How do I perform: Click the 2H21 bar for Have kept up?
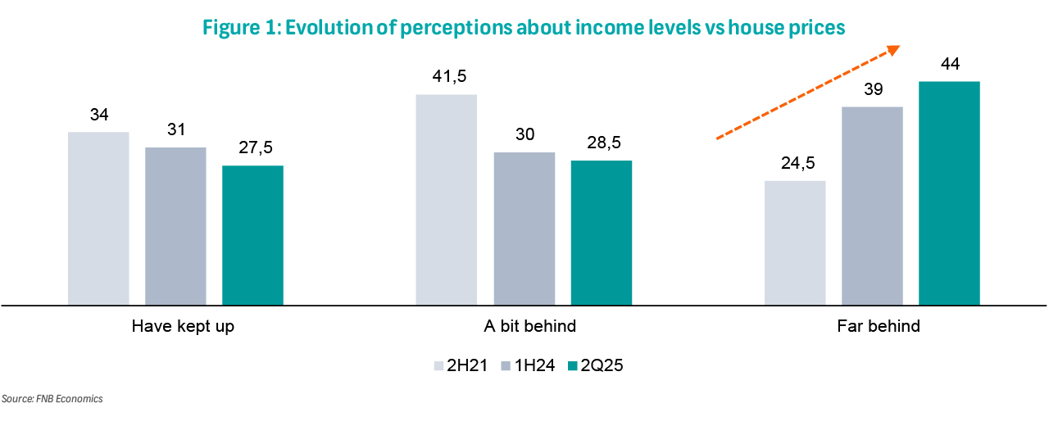[x=98, y=219]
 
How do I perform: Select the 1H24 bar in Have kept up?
[x=175, y=226]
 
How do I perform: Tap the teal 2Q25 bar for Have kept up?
[x=252, y=235]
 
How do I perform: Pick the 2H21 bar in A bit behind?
[x=447, y=200]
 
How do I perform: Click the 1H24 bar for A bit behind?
[x=524, y=229]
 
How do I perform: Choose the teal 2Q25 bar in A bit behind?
[x=602, y=233]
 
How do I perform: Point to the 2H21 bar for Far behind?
[x=795, y=243]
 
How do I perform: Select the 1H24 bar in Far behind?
[x=873, y=206]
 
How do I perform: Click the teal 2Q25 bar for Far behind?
[x=949, y=193]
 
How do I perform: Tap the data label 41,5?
[x=450, y=76]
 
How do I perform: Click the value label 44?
[x=950, y=64]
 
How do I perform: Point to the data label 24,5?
[x=798, y=163]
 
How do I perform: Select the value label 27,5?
[x=256, y=147]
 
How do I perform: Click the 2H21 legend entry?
[x=461, y=365]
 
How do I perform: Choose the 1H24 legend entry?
[x=529, y=365]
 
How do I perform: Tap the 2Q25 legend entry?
[x=596, y=365]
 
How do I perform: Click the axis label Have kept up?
[x=183, y=326]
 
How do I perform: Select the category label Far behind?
[x=879, y=326]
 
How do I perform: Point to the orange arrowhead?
[x=893, y=50]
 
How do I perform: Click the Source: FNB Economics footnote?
[x=52, y=399]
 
